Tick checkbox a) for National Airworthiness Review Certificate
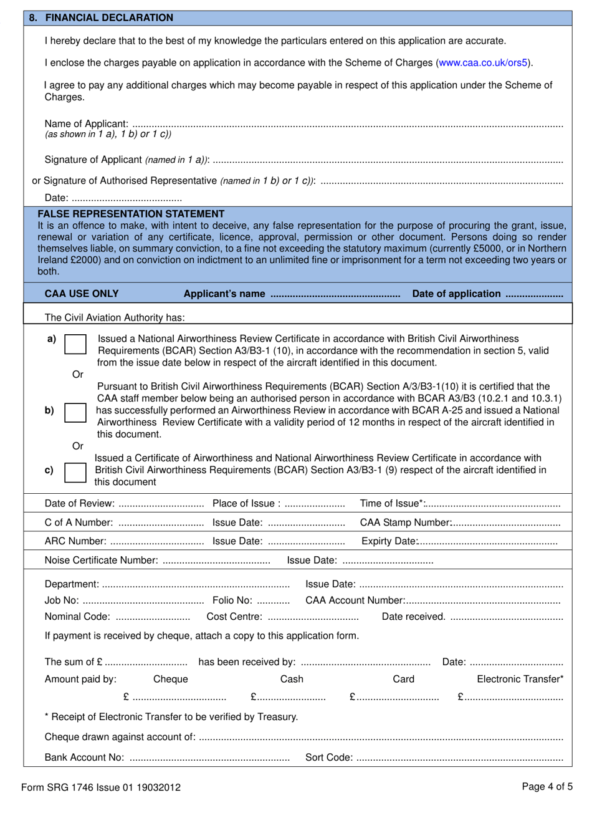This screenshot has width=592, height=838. click(75, 345)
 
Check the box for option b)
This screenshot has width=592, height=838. click(75, 412)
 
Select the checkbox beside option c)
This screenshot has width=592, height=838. click(75, 472)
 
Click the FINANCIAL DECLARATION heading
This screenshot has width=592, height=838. click(109, 18)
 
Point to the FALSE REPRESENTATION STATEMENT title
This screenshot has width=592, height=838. click(131, 214)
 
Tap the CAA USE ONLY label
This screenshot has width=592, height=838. click(82, 294)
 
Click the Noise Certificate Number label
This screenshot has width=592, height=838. click(101, 561)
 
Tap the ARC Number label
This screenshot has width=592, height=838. click(75, 541)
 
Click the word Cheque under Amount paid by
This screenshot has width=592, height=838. click(170, 679)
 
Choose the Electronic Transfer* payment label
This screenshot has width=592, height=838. click(520, 679)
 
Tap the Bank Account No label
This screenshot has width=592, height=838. click(84, 758)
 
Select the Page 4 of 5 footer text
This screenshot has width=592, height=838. click(547, 787)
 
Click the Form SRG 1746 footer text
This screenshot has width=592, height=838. click(100, 787)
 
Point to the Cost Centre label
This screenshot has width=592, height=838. click(234, 617)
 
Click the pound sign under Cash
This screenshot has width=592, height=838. click(254, 697)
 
